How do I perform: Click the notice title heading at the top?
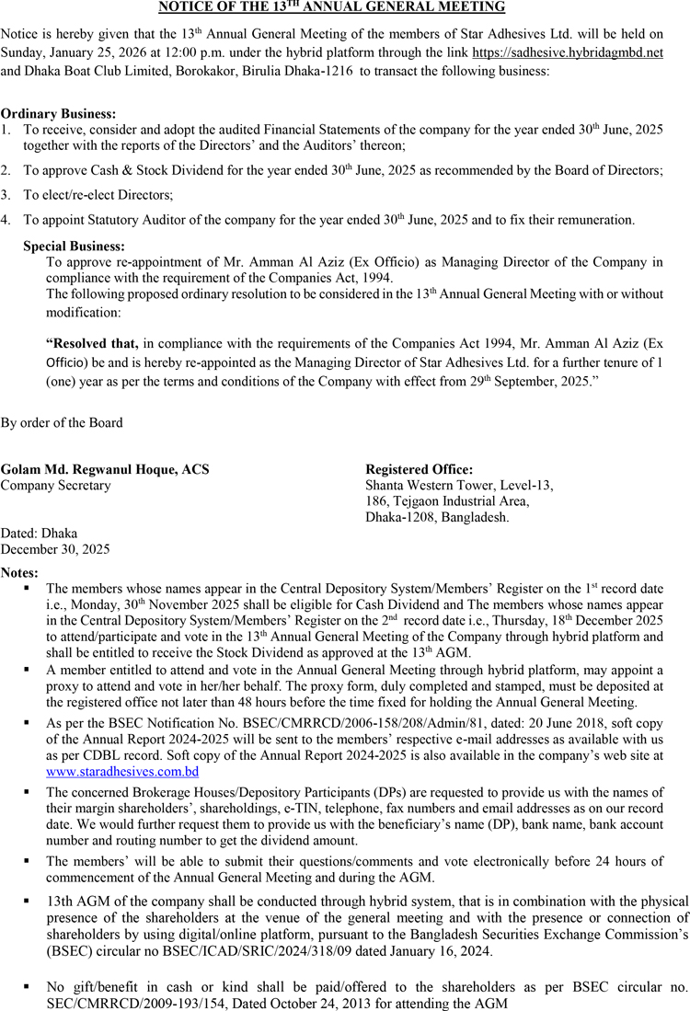point(331,7)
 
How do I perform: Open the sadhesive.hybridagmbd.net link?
point(568,52)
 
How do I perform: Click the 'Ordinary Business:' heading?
point(58,114)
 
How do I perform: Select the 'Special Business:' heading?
point(74,247)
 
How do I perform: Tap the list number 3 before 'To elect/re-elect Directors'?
point(6,195)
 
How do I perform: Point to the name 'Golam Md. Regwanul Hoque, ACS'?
point(105,469)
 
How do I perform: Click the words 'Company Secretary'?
point(55,485)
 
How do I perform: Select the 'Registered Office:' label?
point(420,469)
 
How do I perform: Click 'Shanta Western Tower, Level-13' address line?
point(459,485)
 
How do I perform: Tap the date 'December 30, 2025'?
point(55,549)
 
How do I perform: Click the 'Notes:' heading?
point(20,572)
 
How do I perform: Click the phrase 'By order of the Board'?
point(62,423)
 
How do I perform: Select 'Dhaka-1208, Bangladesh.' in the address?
point(437,517)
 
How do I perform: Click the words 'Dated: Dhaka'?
point(40,534)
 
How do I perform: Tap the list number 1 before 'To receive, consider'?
point(6,131)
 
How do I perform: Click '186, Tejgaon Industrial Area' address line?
point(447,501)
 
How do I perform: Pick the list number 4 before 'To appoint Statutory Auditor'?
point(6,220)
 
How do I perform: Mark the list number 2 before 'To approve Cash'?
point(6,170)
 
